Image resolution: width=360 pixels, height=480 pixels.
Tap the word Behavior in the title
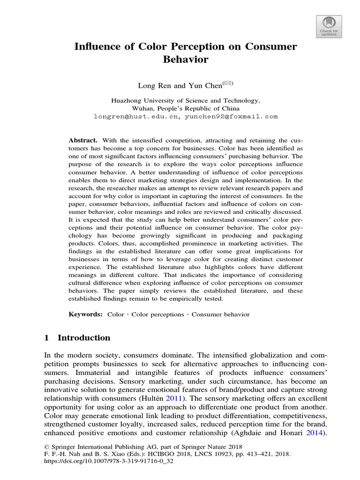pyautogui.click(x=185, y=60)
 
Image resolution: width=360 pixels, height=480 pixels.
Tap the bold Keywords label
pyautogui.click(x=85, y=315)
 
